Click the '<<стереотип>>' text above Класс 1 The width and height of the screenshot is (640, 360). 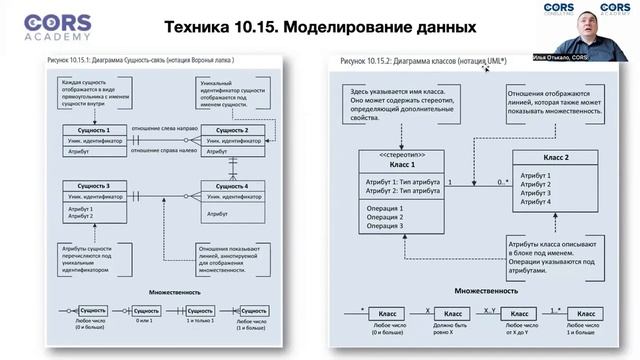pos(397,154)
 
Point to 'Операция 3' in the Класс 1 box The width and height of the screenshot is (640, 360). pos(386,226)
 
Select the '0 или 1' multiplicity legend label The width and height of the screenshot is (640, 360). pos(146,319)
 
